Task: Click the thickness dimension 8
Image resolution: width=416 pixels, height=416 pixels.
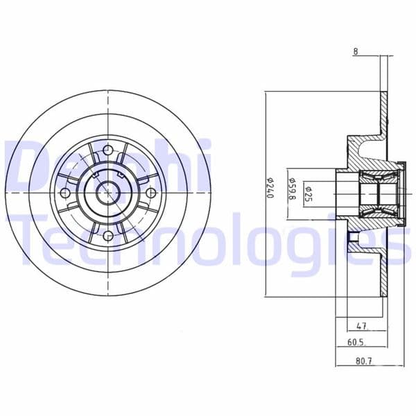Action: (x=356, y=52)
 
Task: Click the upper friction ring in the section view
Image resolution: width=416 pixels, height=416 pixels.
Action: (x=382, y=111)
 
